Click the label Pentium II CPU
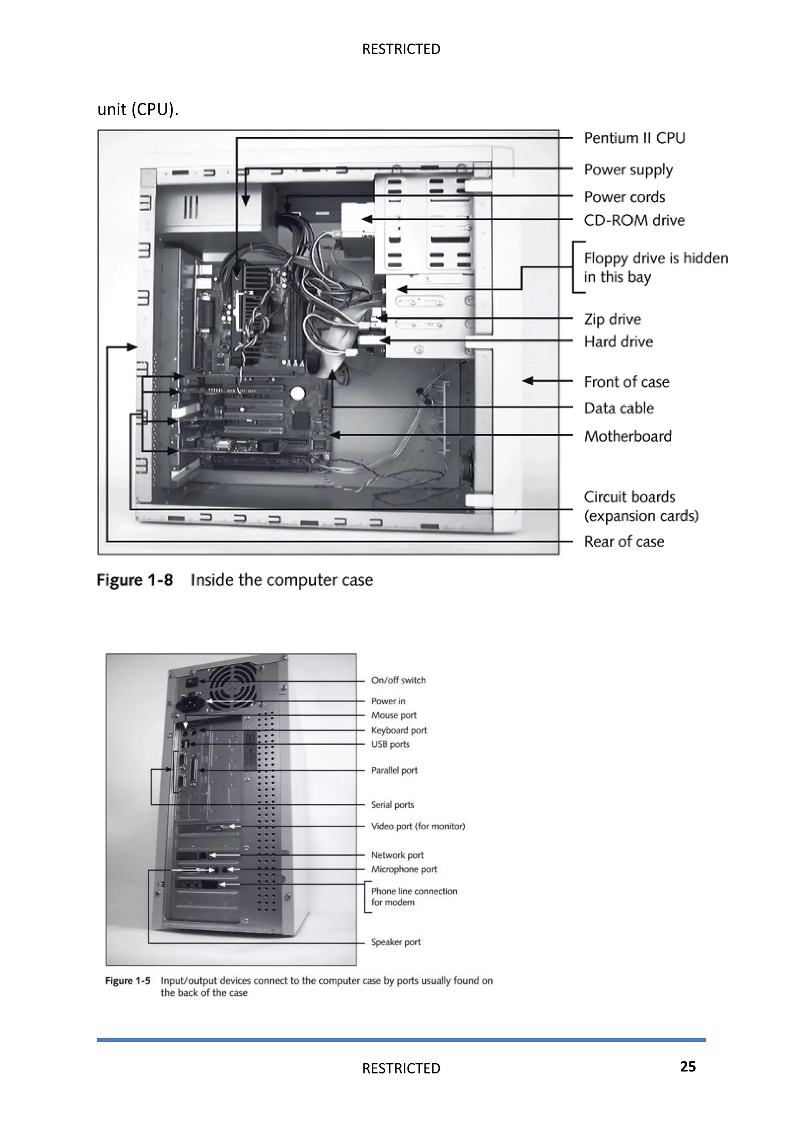(x=634, y=138)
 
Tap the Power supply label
(x=628, y=170)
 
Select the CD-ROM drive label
(x=634, y=220)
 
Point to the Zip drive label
(x=612, y=319)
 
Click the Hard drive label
(x=618, y=342)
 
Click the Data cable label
(x=619, y=408)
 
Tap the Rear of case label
(x=623, y=541)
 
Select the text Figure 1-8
(x=134, y=580)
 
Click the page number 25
(x=687, y=1067)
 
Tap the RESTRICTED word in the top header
(x=401, y=49)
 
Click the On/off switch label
(x=398, y=680)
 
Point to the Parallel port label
(x=394, y=770)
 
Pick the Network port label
(x=397, y=855)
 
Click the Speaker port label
(x=396, y=942)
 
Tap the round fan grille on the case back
(x=233, y=687)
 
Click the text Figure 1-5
(x=127, y=981)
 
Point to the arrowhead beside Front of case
(x=528, y=381)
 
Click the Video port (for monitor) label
(x=418, y=827)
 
